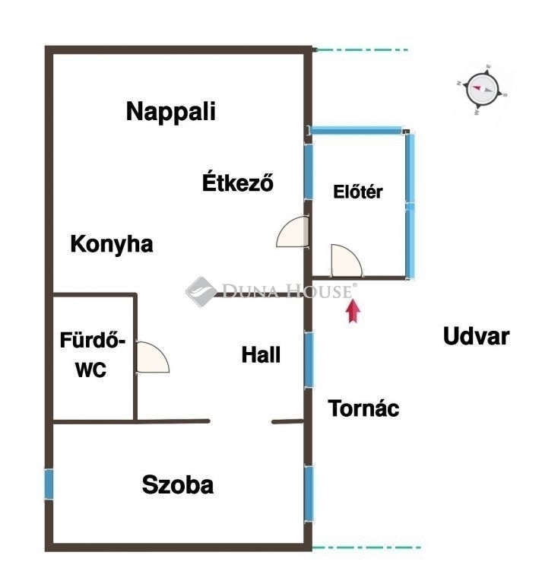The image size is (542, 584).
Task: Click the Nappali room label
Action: tap(171, 112)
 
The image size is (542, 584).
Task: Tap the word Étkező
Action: tap(238, 182)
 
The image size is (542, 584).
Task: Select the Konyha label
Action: tap(112, 245)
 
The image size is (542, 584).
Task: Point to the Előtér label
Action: tap(358, 192)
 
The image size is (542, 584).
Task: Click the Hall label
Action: tap(261, 354)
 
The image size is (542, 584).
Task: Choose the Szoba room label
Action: tap(178, 484)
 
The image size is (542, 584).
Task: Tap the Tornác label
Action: tap(363, 408)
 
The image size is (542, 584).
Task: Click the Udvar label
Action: tap(476, 336)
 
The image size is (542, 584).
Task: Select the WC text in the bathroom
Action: tap(90, 370)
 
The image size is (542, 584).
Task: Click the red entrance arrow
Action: tap(353, 311)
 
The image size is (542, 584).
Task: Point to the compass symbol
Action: tap(482, 90)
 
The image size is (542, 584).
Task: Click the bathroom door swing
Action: tap(153, 357)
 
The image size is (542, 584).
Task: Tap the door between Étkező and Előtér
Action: tap(293, 232)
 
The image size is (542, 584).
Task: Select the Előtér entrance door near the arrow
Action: tap(346, 261)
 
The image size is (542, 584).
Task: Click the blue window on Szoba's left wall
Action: tap(49, 484)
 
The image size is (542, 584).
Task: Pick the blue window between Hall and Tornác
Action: tap(309, 360)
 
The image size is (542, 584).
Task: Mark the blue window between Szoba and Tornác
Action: tap(309, 494)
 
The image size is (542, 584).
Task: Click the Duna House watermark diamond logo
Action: tap(201, 292)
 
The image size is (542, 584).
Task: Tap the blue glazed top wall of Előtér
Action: tap(357, 130)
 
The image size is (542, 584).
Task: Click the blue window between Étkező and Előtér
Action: tap(308, 172)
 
